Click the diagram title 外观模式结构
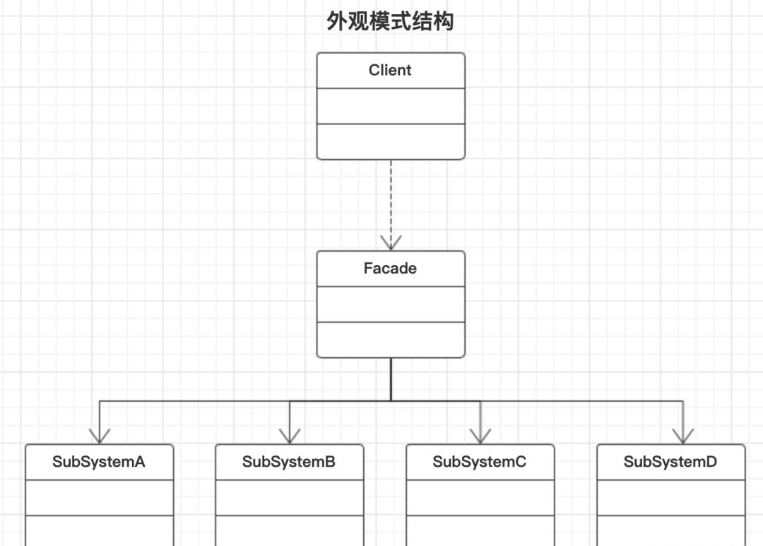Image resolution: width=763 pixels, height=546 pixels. (390, 22)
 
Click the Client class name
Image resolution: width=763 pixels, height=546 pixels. (390, 70)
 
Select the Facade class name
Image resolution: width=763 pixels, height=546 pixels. (390, 269)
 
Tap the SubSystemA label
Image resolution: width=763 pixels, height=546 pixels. (99, 463)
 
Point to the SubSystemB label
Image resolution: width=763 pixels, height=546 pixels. (289, 463)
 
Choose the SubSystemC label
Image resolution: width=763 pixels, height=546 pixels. (480, 463)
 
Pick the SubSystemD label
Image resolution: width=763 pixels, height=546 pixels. (670, 463)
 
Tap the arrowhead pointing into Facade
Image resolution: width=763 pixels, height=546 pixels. (391, 243)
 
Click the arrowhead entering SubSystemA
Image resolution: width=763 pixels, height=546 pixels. (100, 436)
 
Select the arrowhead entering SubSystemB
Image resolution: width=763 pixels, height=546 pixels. (290, 436)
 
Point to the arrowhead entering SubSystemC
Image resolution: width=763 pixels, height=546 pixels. (480, 436)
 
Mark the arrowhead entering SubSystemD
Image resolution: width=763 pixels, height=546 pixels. (682, 436)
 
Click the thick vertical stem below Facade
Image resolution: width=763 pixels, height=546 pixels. (391, 379)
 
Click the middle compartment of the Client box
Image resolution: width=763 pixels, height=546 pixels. (391, 106)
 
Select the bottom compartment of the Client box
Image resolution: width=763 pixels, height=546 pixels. (391, 141)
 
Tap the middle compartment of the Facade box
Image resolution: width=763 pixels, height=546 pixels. (391, 304)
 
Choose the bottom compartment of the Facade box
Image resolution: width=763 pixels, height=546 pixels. (391, 339)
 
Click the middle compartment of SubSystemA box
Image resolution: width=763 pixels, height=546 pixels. (99, 498)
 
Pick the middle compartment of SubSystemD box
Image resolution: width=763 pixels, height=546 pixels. (670, 498)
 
